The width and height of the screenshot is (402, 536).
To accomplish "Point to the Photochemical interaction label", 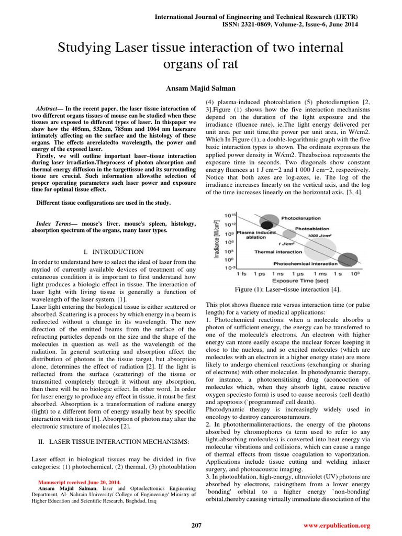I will coord(306,263).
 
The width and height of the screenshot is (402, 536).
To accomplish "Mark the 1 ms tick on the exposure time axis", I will coord(319,274).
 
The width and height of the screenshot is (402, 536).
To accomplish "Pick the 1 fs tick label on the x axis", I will coord(242,274).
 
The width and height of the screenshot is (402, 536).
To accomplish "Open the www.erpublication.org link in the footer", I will coord(337,525).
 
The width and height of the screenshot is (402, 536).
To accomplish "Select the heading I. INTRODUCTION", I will coord(114,252).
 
